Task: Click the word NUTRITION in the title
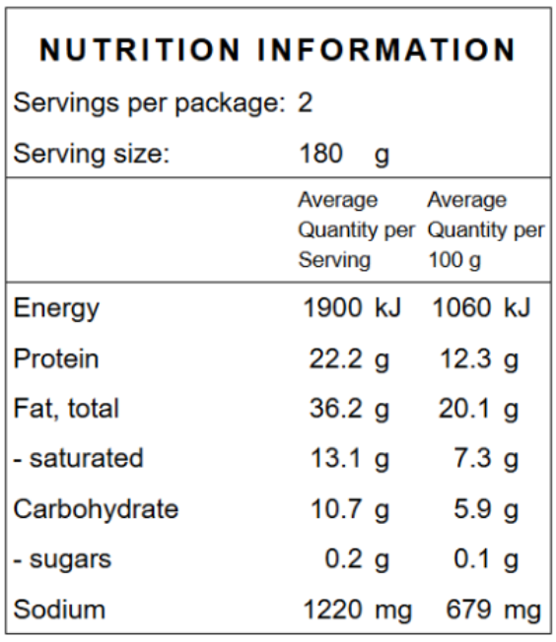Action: coord(139,50)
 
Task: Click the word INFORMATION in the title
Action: coord(386,50)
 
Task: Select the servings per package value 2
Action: coord(306,102)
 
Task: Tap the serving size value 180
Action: coord(321,154)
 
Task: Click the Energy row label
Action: coord(56,309)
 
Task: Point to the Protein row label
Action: coord(56,359)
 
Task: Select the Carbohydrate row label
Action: coord(96,510)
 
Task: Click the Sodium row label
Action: coord(59,610)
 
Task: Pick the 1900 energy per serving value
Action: coord(332,307)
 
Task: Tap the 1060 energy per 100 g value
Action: coord(461,307)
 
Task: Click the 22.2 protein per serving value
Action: coord(336,359)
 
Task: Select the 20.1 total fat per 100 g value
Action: coord(464,409)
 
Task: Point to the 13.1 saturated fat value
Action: coord(336,458)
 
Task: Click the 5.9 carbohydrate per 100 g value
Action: coord(472,509)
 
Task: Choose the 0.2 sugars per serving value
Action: coord(344,559)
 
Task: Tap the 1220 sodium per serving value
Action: coord(332,610)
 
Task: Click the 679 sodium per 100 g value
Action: coord(468,610)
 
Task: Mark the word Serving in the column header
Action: coord(334,261)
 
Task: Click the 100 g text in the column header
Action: coord(454,260)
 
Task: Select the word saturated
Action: coord(87,458)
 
